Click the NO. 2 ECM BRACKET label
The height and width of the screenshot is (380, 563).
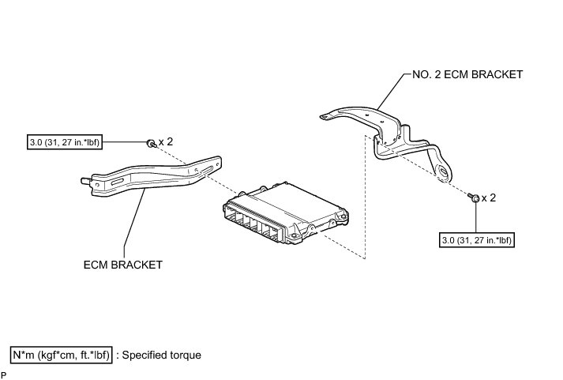tap(467, 75)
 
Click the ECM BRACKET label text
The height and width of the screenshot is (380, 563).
tap(122, 265)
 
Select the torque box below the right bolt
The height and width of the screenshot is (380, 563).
tap(477, 239)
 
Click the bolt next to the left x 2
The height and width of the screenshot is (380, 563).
tap(150, 143)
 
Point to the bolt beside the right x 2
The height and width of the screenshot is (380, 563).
tap(474, 198)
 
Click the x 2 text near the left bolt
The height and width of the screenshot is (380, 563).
tap(166, 142)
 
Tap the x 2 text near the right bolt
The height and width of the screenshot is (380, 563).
tap(489, 198)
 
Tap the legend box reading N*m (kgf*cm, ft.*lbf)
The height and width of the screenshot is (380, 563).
tap(62, 355)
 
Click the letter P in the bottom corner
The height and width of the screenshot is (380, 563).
tap(4, 374)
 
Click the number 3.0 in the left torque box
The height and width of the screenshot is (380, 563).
tap(36, 143)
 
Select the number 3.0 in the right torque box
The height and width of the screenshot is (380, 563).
tap(452, 239)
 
